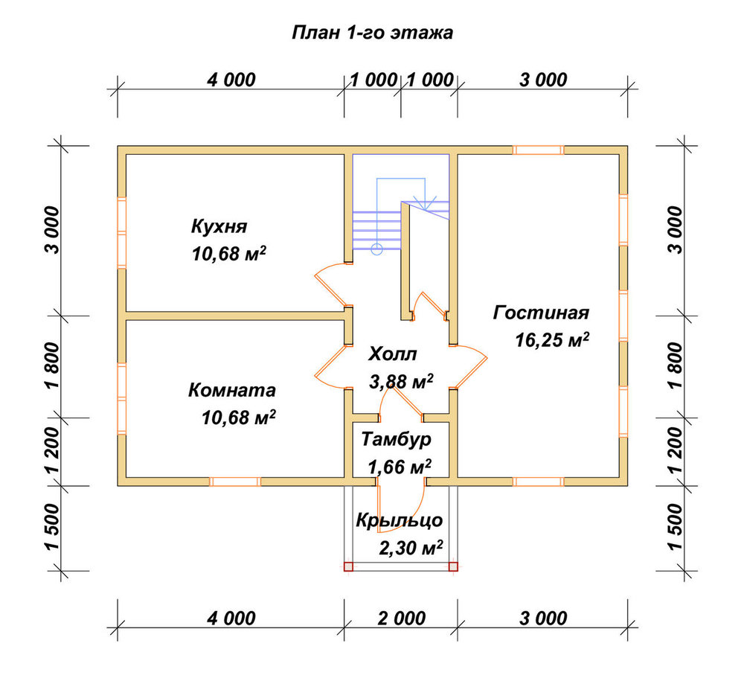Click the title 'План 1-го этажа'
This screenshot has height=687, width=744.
[373, 33]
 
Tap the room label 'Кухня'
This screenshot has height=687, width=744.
[219, 226]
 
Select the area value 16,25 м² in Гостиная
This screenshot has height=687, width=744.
[552, 339]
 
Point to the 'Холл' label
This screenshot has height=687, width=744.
[393, 354]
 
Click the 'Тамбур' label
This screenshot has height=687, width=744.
[397, 439]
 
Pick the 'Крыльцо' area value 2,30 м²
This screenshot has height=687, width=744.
[411, 547]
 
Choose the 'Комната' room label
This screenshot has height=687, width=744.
[232, 390]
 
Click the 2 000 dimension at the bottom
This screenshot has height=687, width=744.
[402, 619]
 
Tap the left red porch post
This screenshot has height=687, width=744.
[349, 566]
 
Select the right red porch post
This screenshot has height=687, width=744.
[453, 566]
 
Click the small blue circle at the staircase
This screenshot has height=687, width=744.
[376, 249]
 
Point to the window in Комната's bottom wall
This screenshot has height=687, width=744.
[235, 482]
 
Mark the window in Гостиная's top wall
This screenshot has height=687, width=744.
[539, 150]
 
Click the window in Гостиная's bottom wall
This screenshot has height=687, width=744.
[539, 482]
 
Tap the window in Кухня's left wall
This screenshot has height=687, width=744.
[122, 233]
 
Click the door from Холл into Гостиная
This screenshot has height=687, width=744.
[469, 365]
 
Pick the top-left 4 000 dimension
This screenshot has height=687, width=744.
[231, 80]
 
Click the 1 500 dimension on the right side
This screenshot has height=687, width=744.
[677, 526]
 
